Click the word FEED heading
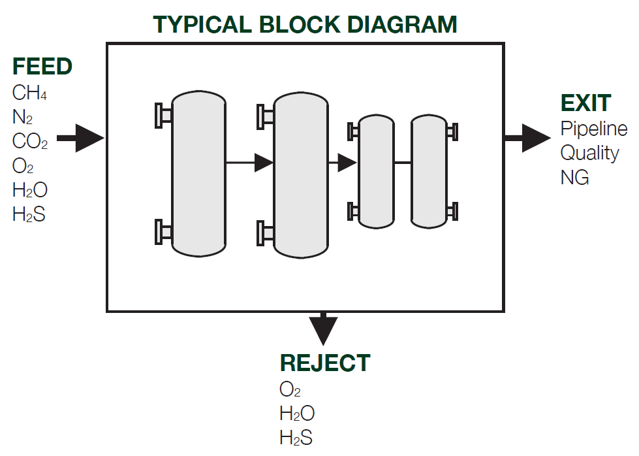pyautogui.click(x=42, y=66)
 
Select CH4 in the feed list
pyautogui.click(x=29, y=93)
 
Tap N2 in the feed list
pyautogui.click(x=22, y=117)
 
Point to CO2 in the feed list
pyautogui.click(x=30, y=141)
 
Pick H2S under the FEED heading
pyautogui.click(x=29, y=214)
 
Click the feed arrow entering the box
pyautogui.click(x=81, y=138)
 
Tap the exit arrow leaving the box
pyautogui.click(x=528, y=138)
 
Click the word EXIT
pyautogui.click(x=586, y=103)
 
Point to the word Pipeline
pyautogui.click(x=594, y=129)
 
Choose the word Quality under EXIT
pyautogui.click(x=589, y=154)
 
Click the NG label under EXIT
pyautogui.click(x=574, y=178)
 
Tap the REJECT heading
pyautogui.click(x=325, y=363)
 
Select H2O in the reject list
pyautogui.click(x=297, y=414)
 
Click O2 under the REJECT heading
pyautogui.click(x=290, y=389)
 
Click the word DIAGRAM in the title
pyautogui.click(x=402, y=24)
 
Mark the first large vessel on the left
pyautogui.click(x=199, y=174)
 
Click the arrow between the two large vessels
pyautogui.click(x=249, y=163)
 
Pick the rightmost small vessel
pyautogui.click(x=429, y=171)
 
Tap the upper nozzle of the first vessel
pyautogui.click(x=164, y=116)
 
